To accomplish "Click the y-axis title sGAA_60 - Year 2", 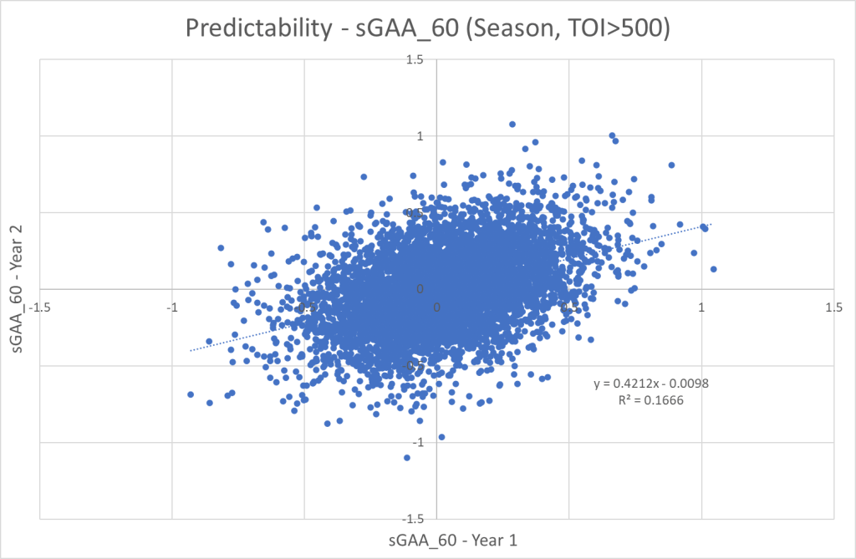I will pos(17,288).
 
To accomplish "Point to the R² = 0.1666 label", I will pos(651,400).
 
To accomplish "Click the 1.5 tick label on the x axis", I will pos(833,307).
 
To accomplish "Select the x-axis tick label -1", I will pos(171,307).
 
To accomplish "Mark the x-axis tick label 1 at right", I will pos(701,307).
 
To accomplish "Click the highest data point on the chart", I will pos(512,125).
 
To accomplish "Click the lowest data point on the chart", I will pos(407,457).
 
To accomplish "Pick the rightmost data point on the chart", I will pos(713,269).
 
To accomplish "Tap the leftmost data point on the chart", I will pos(191,394).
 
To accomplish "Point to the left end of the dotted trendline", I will pos(191,350).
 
